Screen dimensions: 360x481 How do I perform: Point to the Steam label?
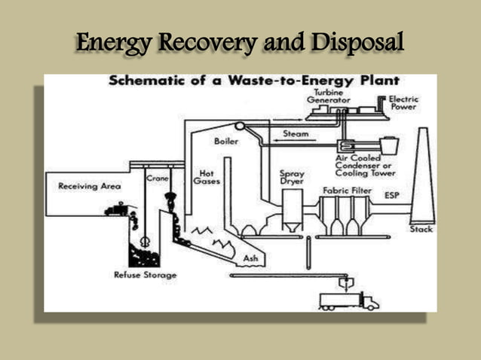295,133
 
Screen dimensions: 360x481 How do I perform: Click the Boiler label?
226,140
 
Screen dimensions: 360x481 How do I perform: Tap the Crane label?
158,178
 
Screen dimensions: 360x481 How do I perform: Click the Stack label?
421,229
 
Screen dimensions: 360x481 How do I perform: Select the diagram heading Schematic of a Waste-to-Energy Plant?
253,81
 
